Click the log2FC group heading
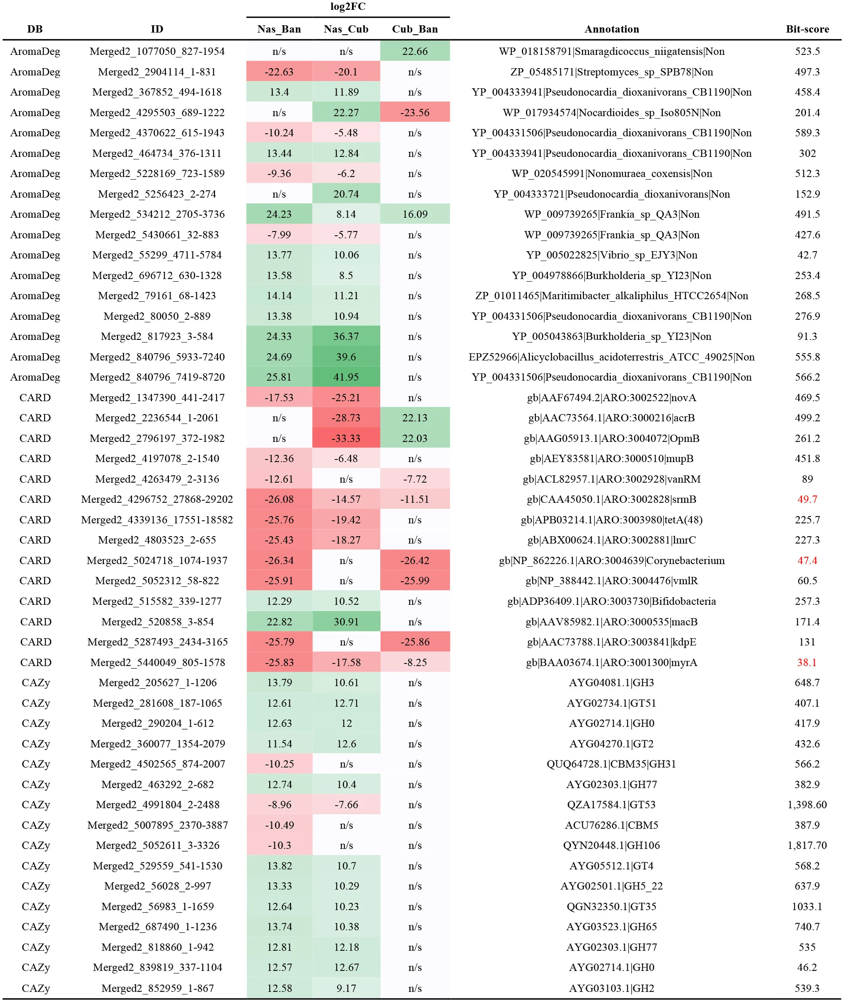coord(348,7)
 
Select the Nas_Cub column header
coord(346,29)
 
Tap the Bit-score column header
coord(807,29)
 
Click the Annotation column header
coord(612,29)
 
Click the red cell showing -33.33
coord(346,438)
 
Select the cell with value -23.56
coord(415,113)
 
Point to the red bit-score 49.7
coord(807,499)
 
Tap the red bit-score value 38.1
coord(807,662)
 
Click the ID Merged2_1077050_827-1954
coord(157,51)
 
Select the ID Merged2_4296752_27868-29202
coord(157,499)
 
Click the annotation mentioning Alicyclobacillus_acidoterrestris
coord(612,357)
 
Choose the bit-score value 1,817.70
coord(807,845)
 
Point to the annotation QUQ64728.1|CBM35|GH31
coord(612,764)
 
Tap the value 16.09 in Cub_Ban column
coord(415,214)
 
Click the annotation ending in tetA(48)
coord(612,520)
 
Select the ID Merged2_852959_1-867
coord(157,988)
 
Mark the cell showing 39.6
coord(346,357)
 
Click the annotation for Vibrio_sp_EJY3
coord(612,255)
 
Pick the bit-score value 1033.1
coord(807,907)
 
